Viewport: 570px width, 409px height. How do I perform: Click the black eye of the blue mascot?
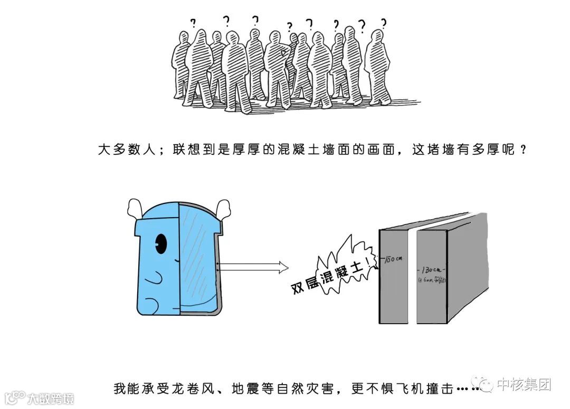pyautogui.click(x=160, y=244)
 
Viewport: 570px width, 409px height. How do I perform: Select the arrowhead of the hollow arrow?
pyautogui.click(x=282, y=267)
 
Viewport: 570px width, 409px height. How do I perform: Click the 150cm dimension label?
pyautogui.click(x=393, y=259)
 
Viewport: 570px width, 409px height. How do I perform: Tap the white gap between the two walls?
pyautogui.click(x=412, y=274)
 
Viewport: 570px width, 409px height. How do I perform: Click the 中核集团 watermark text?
pyautogui.click(x=524, y=384)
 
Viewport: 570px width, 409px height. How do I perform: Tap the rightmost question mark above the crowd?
pyautogui.click(x=384, y=22)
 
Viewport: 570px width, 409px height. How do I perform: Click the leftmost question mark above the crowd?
pyautogui.click(x=193, y=23)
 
